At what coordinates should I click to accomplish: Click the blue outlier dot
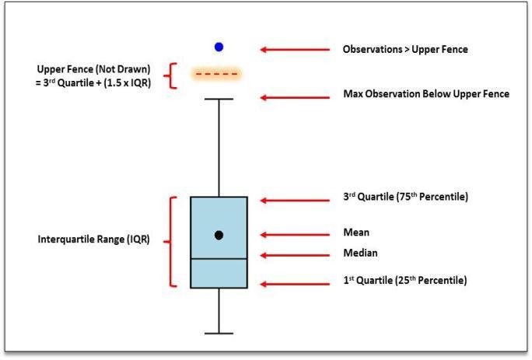click(x=219, y=47)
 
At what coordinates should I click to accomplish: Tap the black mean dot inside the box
click(x=219, y=235)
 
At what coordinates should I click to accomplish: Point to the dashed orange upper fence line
click(x=216, y=74)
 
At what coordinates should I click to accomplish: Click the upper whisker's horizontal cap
click(x=219, y=99)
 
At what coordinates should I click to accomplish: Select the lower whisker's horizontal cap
click(x=219, y=334)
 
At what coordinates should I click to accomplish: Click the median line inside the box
click(x=219, y=259)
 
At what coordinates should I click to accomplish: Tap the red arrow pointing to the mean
click(x=295, y=235)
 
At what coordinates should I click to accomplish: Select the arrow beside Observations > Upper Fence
click(x=295, y=50)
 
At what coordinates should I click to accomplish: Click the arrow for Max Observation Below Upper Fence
click(x=295, y=98)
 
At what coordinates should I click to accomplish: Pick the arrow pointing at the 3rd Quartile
click(x=295, y=201)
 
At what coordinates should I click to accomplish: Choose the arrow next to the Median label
click(x=295, y=255)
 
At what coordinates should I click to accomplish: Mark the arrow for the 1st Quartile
click(x=295, y=284)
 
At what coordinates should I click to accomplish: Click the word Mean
click(x=356, y=232)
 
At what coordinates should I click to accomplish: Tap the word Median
click(x=360, y=253)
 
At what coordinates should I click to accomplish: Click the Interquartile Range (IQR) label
click(x=93, y=239)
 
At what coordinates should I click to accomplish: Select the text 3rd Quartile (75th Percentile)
click(x=405, y=197)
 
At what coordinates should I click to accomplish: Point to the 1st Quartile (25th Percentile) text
click(x=405, y=280)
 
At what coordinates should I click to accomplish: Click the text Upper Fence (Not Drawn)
click(x=93, y=69)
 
